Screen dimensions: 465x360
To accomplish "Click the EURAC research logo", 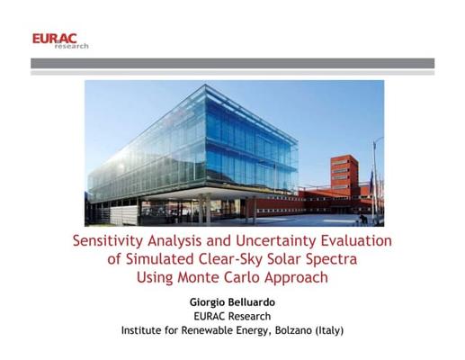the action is [x=60, y=41].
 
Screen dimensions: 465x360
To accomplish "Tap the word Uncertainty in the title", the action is [x=276, y=241].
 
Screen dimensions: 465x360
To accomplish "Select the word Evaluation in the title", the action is [x=356, y=240].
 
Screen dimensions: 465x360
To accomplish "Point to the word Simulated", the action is [x=159, y=259].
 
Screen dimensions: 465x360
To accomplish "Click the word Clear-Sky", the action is [x=230, y=260].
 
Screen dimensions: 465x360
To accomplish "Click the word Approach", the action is [x=296, y=278].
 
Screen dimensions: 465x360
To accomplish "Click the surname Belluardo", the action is [x=254, y=302].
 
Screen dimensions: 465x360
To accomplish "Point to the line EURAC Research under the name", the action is [x=232, y=316].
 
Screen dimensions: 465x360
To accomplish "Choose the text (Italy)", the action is [x=329, y=330].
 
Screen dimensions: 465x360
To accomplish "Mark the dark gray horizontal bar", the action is [x=232, y=63].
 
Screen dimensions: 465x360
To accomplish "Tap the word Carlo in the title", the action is [x=242, y=277].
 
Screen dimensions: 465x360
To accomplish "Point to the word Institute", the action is [x=141, y=330].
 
